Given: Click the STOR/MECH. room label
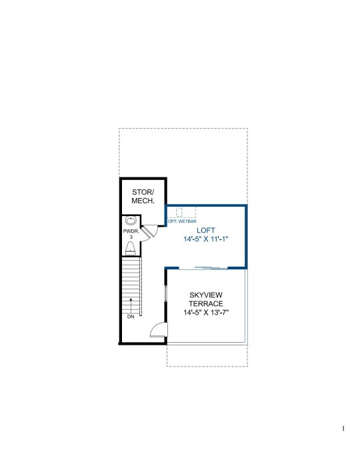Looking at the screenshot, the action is click(x=143, y=197).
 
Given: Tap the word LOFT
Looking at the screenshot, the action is click(x=206, y=230).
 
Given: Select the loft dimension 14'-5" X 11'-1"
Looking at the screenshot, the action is click(x=206, y=239).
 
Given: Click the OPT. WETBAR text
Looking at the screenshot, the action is click(x=182, y=221).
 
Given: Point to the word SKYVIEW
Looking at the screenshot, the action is click(x=206, y=295).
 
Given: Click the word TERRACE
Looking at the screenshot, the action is click(x=206, y=304).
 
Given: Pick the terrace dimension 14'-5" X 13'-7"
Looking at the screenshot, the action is click(x=206, y=313).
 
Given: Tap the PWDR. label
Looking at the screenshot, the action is click(x=131, y=231).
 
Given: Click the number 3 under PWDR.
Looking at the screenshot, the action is click(x=131, y=237).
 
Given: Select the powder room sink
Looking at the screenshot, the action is click(x=131, y=221).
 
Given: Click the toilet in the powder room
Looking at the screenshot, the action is click(x=130, y=249).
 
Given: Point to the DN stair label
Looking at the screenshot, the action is click(x=131, y=317).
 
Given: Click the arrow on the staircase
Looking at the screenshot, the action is click(x=131, y=305).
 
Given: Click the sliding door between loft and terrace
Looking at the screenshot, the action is click(x=203, y=269).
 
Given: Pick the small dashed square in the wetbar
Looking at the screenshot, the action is click(x=179, y=212).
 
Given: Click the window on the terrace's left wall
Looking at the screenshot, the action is click(x=166, y=293).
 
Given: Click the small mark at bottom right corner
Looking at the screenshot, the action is click(x=343, y=428).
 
